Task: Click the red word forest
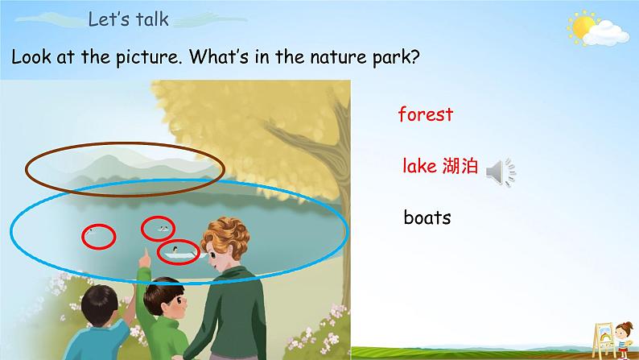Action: point(426,114)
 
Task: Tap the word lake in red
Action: point(419,166)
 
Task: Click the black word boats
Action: point(427,217)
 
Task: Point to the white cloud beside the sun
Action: point(606,34)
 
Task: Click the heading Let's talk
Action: point(129,19)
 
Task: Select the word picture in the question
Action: point(148,56)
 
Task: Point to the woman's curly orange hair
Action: point(225,236)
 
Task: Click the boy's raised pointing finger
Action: point(144,255)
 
